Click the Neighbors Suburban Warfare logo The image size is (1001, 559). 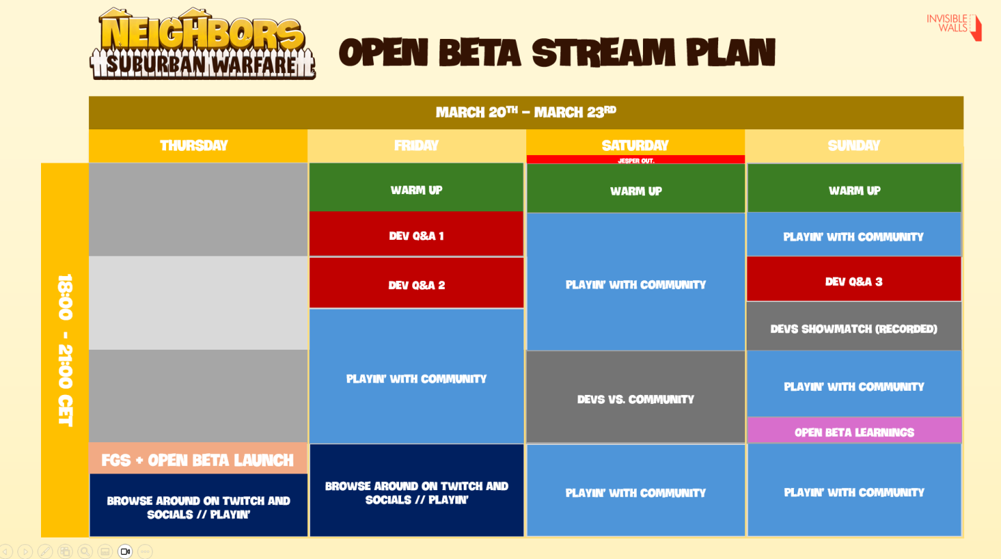(202, 44)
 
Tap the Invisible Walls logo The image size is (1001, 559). (954, 26)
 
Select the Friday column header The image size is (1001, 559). (416, 146)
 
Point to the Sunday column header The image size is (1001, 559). (854, 146)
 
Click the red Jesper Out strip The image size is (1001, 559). (635, 159)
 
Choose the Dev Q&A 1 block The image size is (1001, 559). (416, 234)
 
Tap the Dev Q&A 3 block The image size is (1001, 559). (854, 279)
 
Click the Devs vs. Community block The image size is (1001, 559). (635, 397)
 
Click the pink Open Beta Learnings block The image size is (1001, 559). (854, 430)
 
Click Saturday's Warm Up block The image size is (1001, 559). (635, 188)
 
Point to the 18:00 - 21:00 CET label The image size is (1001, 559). (65, 350)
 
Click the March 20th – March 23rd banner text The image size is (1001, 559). (526, 112)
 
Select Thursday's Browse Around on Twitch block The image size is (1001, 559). (198, 505)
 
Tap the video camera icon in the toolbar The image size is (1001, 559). (125, 551)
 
